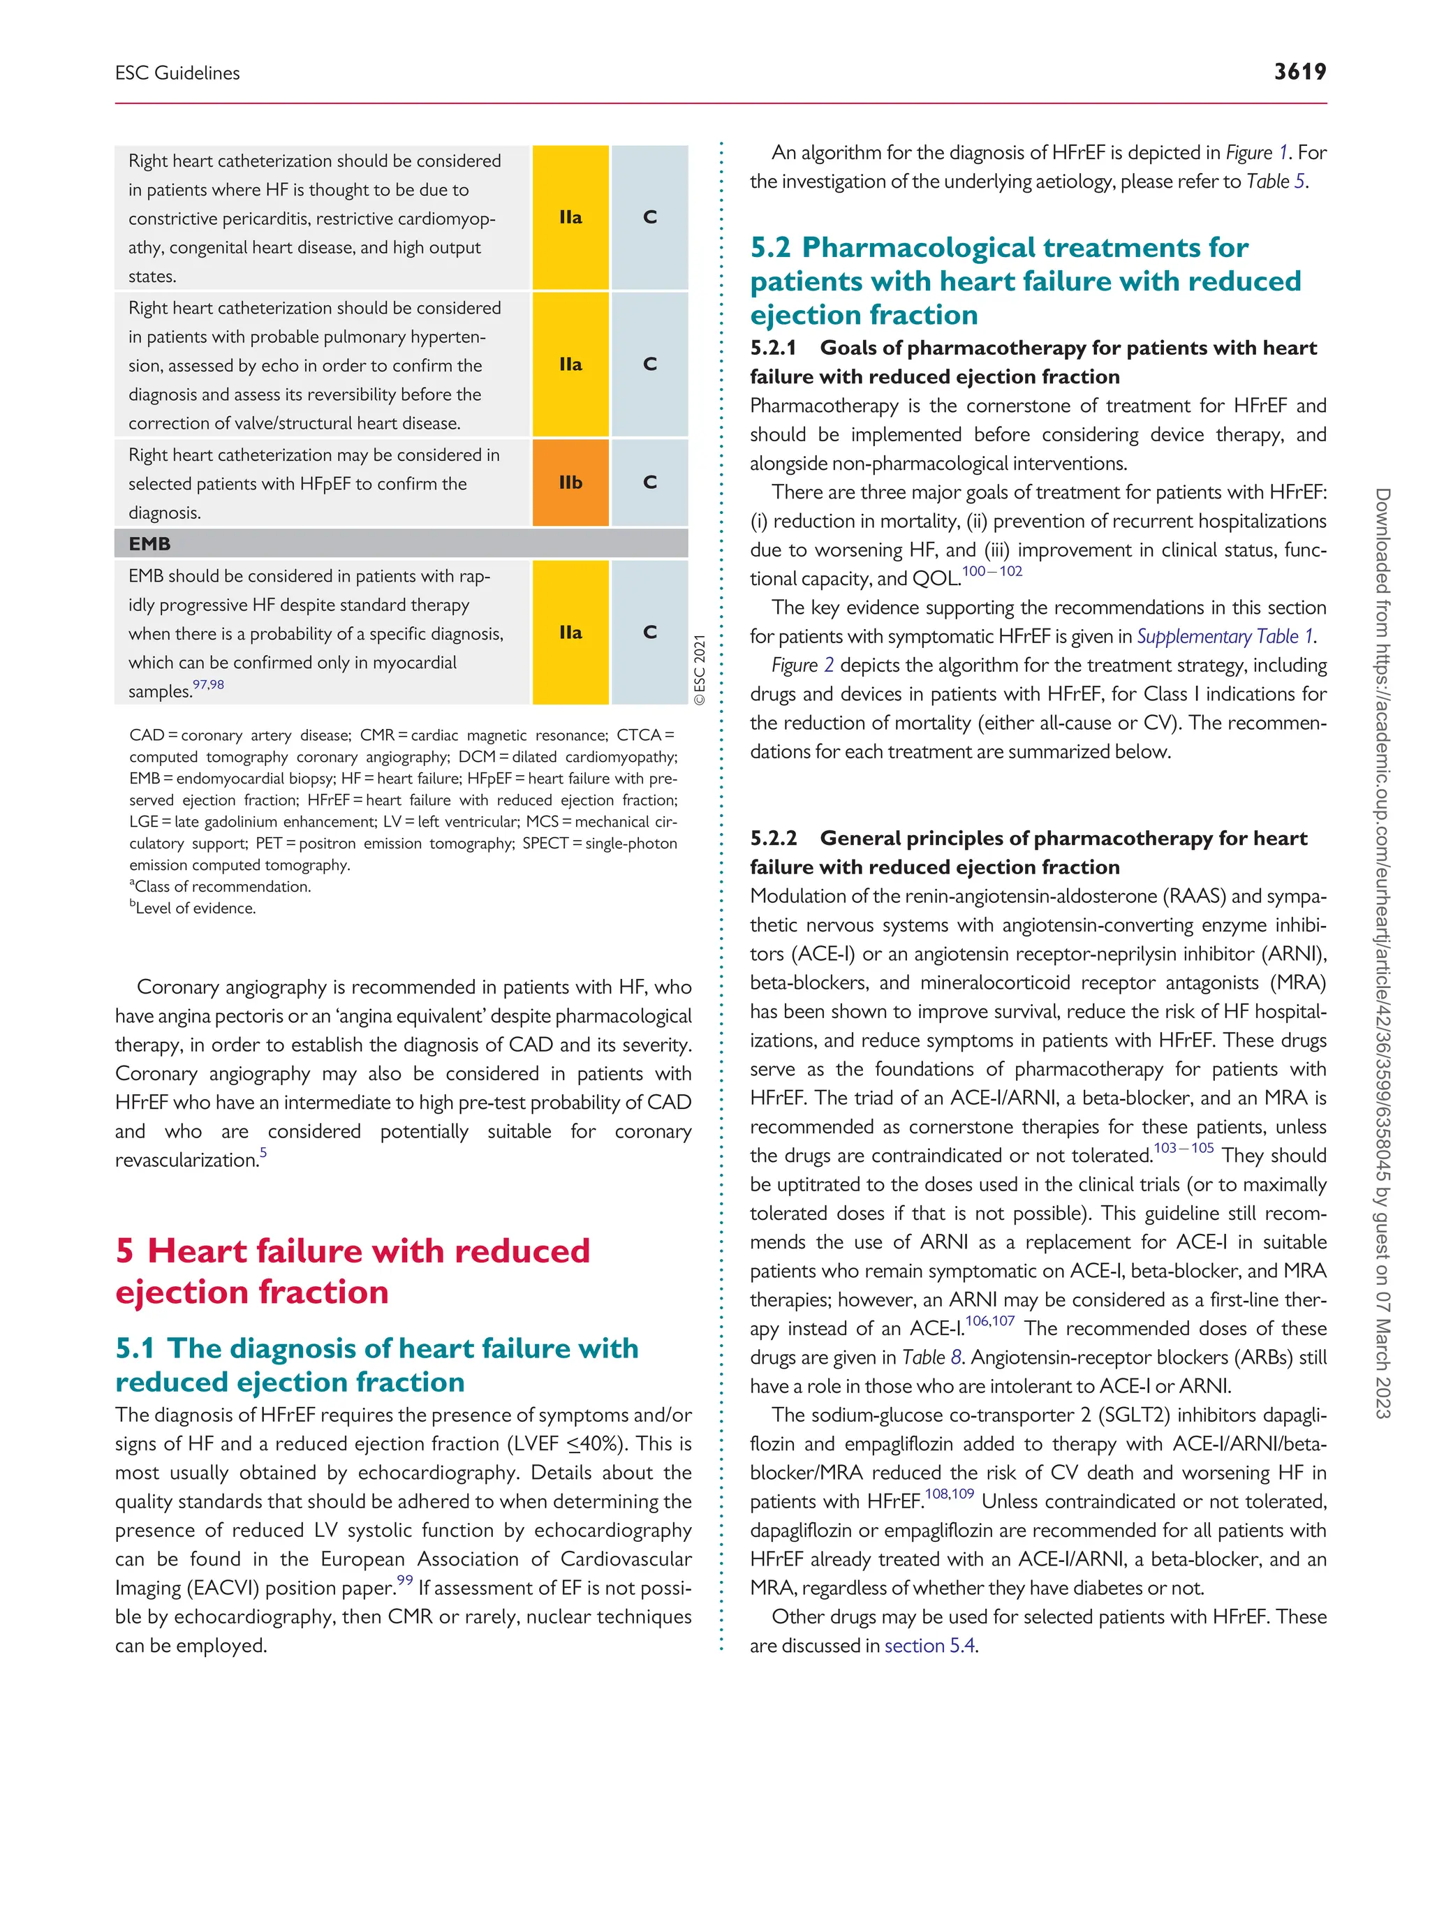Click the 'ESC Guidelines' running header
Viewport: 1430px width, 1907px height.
point(177,73)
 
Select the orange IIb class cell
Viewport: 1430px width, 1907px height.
point(570,483)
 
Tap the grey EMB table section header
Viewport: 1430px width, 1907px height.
point(401,544)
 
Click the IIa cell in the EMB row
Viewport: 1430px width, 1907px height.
point(570,632)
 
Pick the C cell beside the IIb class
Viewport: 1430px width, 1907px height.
point(650,483)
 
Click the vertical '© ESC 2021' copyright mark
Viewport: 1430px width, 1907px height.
point(700,670)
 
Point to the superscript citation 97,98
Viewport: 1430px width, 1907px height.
point(208,684)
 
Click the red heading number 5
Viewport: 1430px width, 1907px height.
point(125,1251)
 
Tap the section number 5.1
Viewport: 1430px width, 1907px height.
point(135,1348)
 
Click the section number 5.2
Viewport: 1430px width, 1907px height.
point(769,247)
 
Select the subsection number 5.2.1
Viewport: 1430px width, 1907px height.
point(773,348)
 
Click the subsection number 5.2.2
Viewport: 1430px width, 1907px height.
point(773,838)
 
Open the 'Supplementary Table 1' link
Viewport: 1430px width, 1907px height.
point(1225,636)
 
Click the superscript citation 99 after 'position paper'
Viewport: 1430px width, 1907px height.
point(404,1580)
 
